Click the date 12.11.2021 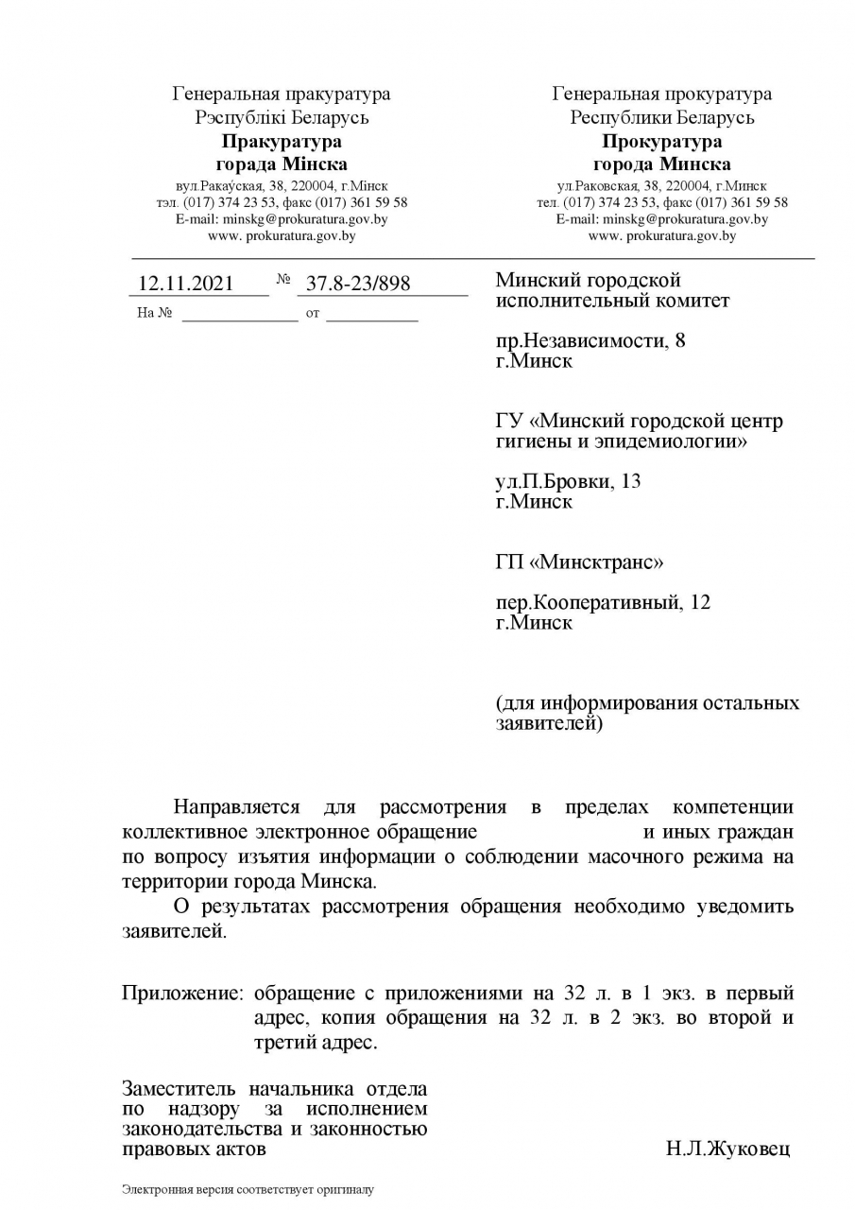(x=185, y=284)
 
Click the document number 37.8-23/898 (x=358, y=284)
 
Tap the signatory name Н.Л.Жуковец (x=727, y=1149)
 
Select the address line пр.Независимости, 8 (x=590, y=341)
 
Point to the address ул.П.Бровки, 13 (x=568, y=481)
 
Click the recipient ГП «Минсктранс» (x=579, y=562)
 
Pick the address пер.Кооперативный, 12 (x=603, y=603)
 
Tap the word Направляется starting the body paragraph (x=236, y=807)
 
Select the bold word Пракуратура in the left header (x=282, y=142)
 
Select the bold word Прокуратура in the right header (x=662, y=142)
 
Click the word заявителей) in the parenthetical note (x=548, y=724)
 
